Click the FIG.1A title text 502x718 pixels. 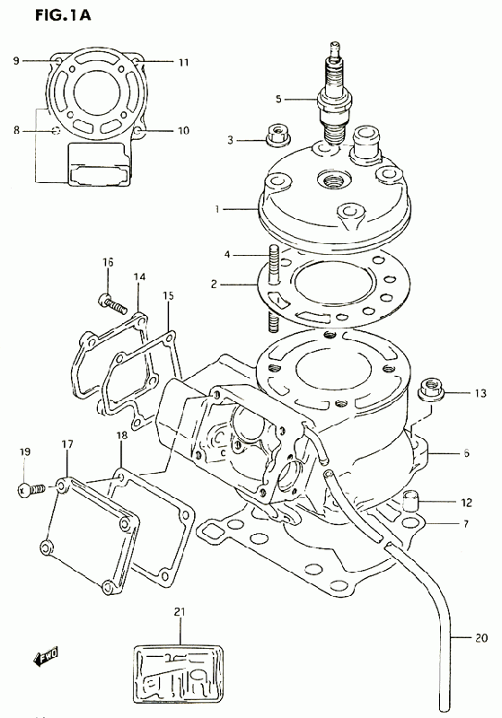[x=63, y=14]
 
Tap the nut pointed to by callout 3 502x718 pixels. [x=277, y=136]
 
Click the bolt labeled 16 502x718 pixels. [x=111, y=302]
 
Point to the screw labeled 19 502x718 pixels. [x=31, y=490]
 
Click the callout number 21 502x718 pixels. [x=179, y=612]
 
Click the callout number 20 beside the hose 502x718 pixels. [x=481, y=637]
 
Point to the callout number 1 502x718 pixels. [x=217, y=209]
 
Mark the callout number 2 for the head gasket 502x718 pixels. [x=214, y=285]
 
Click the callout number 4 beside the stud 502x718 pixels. [x=227, y=254]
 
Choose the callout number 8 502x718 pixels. [x=16, y=130]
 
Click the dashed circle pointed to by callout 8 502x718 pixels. [x=56, y=131]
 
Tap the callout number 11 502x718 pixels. [x=183, y=62]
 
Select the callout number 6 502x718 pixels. [x=466, y=453]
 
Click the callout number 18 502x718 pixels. [x=122, y=435]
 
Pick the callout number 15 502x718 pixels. [x=168, y=296]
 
